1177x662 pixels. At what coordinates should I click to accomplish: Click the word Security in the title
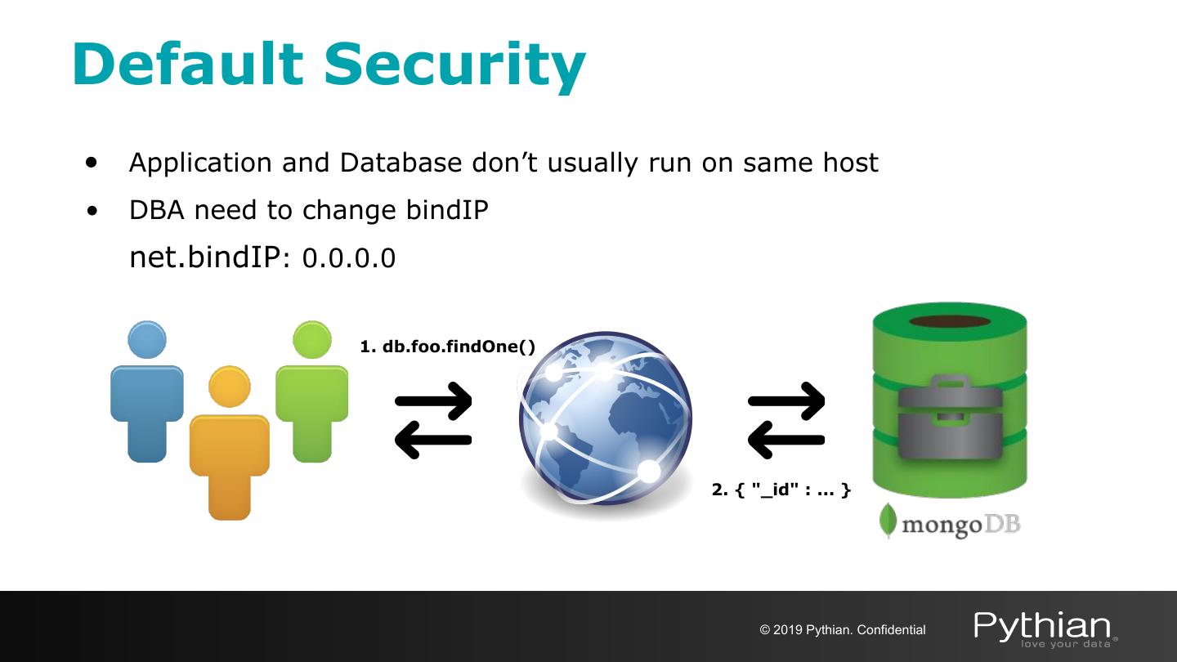click(454, 64)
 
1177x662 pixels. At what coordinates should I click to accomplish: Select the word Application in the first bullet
click(201, 163)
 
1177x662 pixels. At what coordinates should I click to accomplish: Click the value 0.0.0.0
click(349, 258)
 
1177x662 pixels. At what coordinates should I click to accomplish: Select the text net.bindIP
click(204, 257)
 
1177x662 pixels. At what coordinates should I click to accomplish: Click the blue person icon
click(147, 392)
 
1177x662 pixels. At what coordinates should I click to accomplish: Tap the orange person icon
click(229, 445)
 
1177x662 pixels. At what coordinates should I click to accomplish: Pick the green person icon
click(311, 392)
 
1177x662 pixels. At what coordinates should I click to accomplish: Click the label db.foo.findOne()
click(448, 347)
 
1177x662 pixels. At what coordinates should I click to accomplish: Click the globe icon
click(605, 418)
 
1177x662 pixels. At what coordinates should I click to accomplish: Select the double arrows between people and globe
click(433, 420)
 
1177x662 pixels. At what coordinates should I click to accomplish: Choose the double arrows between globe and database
click(786, 420)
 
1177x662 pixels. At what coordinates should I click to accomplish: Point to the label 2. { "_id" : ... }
click(781, 490)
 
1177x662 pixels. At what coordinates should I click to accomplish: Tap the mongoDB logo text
click(961, 524)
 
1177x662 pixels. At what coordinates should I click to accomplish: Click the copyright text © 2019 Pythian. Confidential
click(843, 630)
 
